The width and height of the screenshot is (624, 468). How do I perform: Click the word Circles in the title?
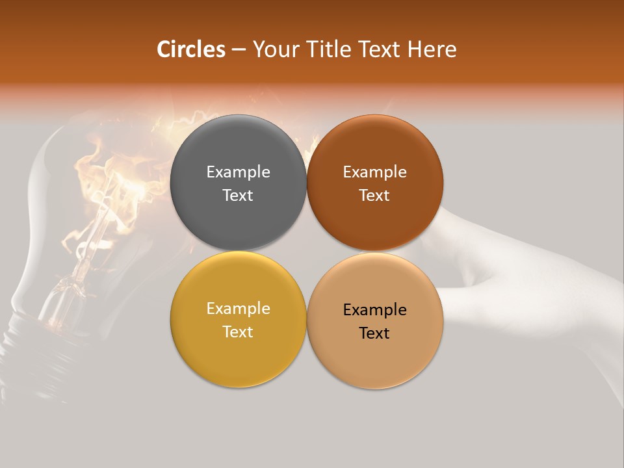(x=191, y=49)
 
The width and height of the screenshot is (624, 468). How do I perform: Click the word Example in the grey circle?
(x=238, y=172)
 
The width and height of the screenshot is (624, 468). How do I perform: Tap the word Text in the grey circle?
(x=238, y=196)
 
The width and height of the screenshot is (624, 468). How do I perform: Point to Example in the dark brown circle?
(x=375, y=172)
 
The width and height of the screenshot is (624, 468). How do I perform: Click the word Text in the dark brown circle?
(x=375, y=196)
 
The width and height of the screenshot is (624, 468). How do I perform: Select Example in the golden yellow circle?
(x=238, y=309)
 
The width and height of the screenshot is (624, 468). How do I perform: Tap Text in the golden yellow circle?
(x=238, y=332)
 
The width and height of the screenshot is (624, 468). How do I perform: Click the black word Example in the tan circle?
(x=375, y=310)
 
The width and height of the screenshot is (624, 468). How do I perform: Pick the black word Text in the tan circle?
(x=375, y=333)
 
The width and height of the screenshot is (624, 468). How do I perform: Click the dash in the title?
(x=239, y=50)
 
